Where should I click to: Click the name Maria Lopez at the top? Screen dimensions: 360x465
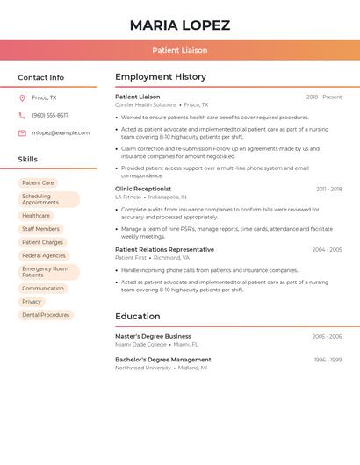coord(179,25)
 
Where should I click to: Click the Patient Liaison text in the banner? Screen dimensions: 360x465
coord(179,50)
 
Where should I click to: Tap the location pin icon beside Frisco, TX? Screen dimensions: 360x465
coord(22,97)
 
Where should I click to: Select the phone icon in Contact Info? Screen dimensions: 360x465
coord(22,115)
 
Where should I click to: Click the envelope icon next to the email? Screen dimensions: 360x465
coord(22,132)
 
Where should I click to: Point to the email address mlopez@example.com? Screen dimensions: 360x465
coord(61,132)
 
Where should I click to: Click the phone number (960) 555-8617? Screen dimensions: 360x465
coord(50,115)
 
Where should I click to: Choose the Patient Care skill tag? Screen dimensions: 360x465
coord(38,182)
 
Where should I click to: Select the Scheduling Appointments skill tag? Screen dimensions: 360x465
coord(48,199)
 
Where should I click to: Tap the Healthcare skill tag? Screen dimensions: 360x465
coord(36,215)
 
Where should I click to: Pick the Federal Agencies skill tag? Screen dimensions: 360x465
coord(44,255)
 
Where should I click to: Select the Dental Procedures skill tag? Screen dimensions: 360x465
coord(46,314)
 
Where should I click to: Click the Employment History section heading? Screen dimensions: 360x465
coord(161,76)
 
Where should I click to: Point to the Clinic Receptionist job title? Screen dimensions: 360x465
coord(143,189)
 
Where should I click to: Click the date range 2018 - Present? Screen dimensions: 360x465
coord(324,97)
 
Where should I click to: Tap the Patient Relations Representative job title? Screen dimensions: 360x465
coord(164,249)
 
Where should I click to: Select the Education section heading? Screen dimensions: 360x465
coord(137,316)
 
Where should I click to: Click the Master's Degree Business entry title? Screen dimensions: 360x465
coord(153,336)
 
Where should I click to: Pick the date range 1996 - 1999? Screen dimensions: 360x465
coord(328,360)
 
